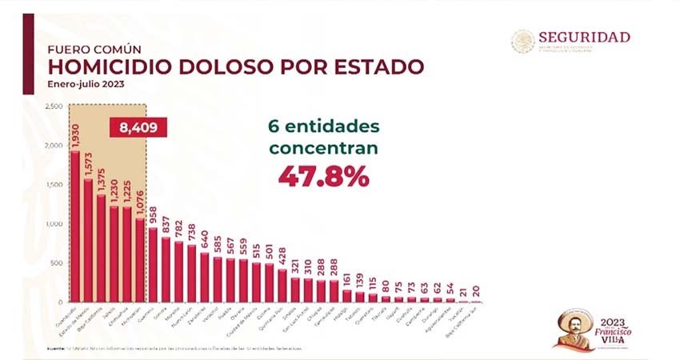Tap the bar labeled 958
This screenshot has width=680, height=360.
coord(153,265)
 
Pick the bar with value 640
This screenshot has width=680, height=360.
coord(205,277)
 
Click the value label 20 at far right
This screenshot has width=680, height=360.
coord(477,290)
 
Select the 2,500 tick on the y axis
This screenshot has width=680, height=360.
coord(54,106)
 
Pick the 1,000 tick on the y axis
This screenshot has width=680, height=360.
coord(54,224)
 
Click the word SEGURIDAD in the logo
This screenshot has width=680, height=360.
coord(584,37)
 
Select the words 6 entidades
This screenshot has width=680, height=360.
coord(323,126)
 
